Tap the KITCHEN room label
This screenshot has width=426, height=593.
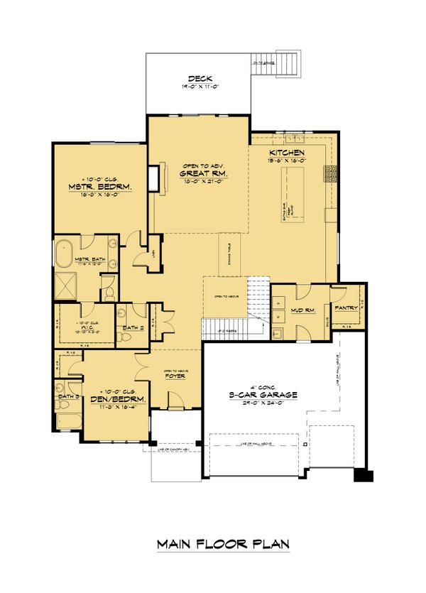[x=287, y=153]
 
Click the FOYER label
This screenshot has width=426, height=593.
[x=175, y=377]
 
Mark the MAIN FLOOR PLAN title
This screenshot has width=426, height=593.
[x=223, y=544]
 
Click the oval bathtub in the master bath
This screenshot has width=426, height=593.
[x=62, y=255]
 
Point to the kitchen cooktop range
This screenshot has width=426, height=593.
[x=329, y=175]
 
